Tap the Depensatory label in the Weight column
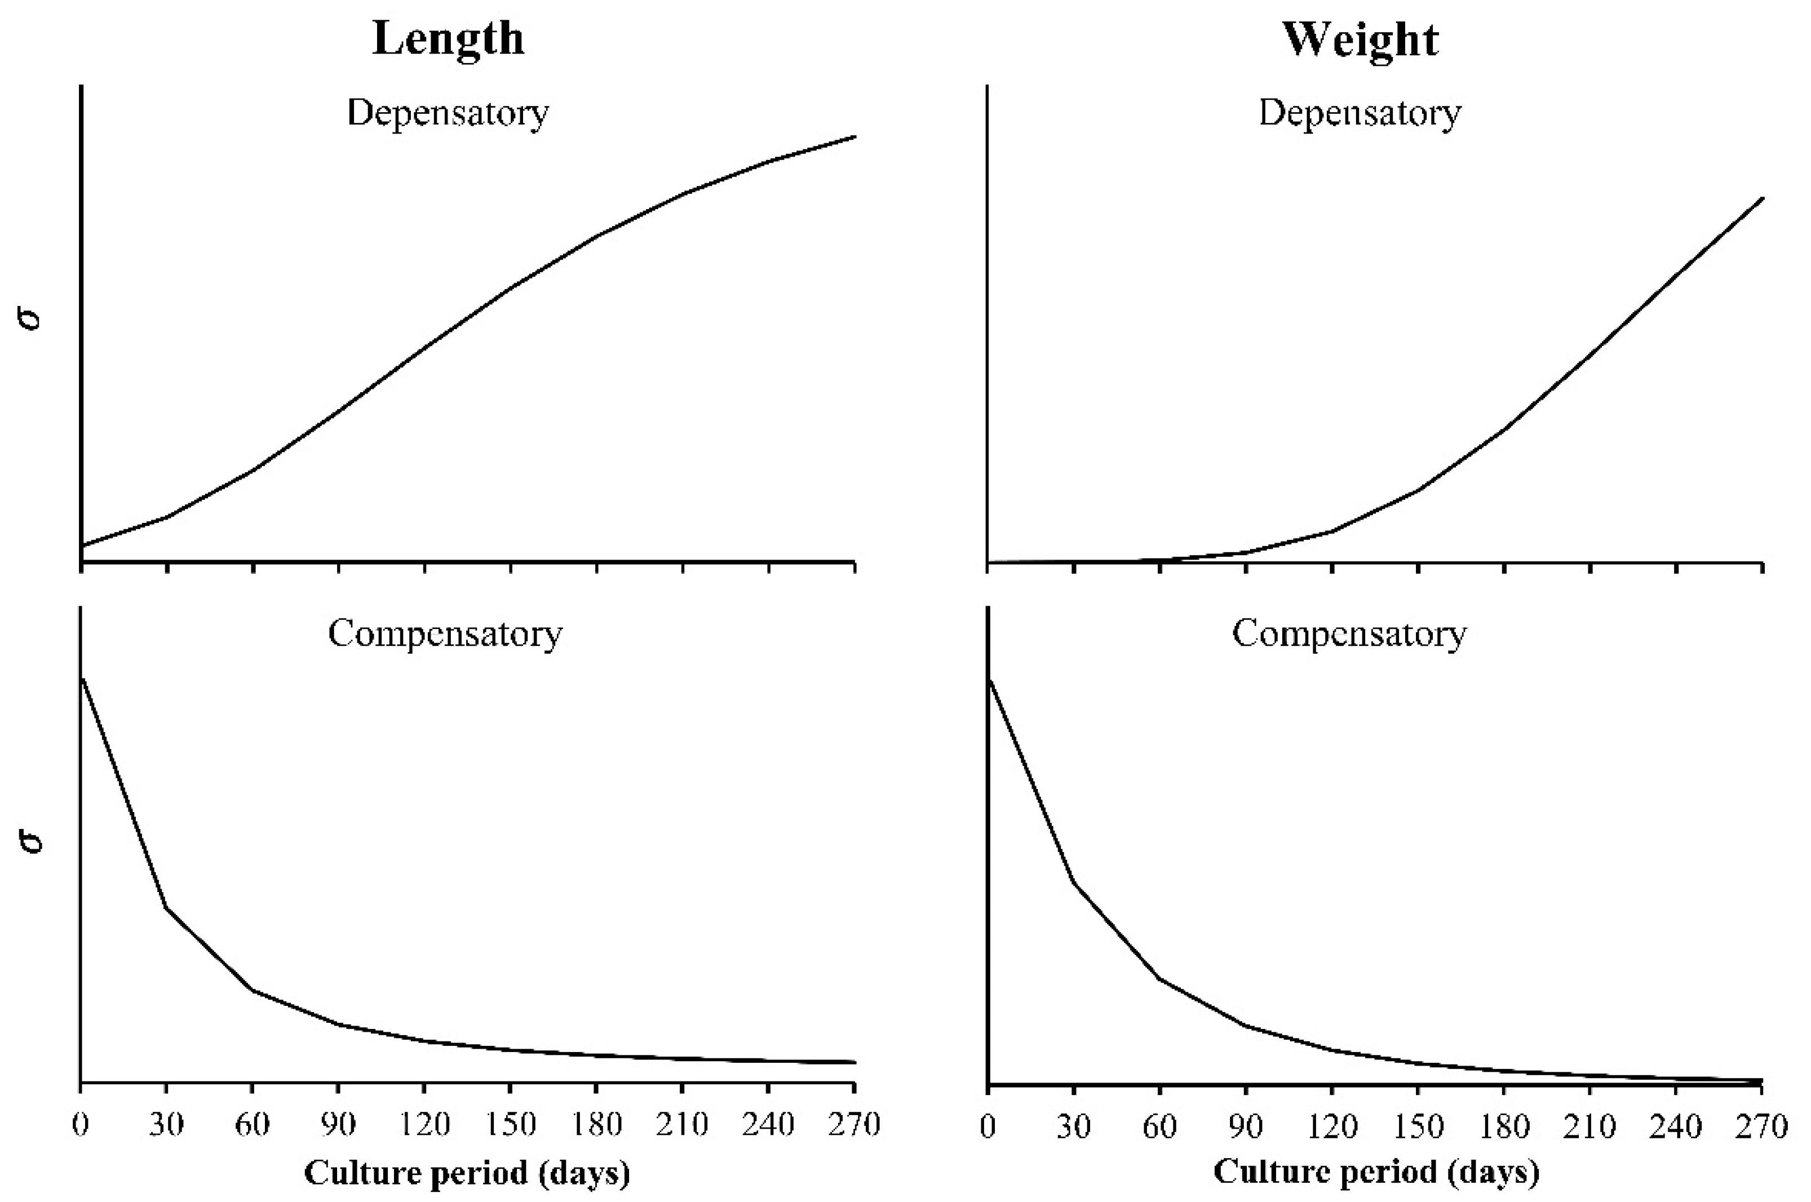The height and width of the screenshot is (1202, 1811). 1360,113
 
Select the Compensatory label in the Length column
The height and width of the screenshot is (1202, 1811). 445,634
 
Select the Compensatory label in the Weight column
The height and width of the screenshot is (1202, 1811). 1349,634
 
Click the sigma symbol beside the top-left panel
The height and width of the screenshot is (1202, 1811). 30,318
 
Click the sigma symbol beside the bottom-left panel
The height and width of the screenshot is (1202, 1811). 30,841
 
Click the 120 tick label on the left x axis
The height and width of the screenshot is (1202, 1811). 426,1125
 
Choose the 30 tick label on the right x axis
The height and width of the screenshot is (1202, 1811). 1074,1127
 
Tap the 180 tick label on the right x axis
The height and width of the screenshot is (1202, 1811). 1504,1127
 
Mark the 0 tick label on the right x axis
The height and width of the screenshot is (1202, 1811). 988,1127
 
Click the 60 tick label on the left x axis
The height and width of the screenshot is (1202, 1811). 253,1125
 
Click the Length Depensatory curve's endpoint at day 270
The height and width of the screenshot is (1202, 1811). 854,137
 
